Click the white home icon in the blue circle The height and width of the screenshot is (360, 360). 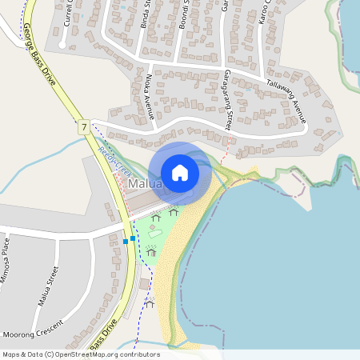coord(180,172)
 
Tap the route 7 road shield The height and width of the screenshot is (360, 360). coord(83,126)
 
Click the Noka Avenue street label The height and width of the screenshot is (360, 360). coord(149,95)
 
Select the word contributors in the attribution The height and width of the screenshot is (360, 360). coord(139,354)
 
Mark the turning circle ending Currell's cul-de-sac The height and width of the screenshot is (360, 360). coord(71,46)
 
